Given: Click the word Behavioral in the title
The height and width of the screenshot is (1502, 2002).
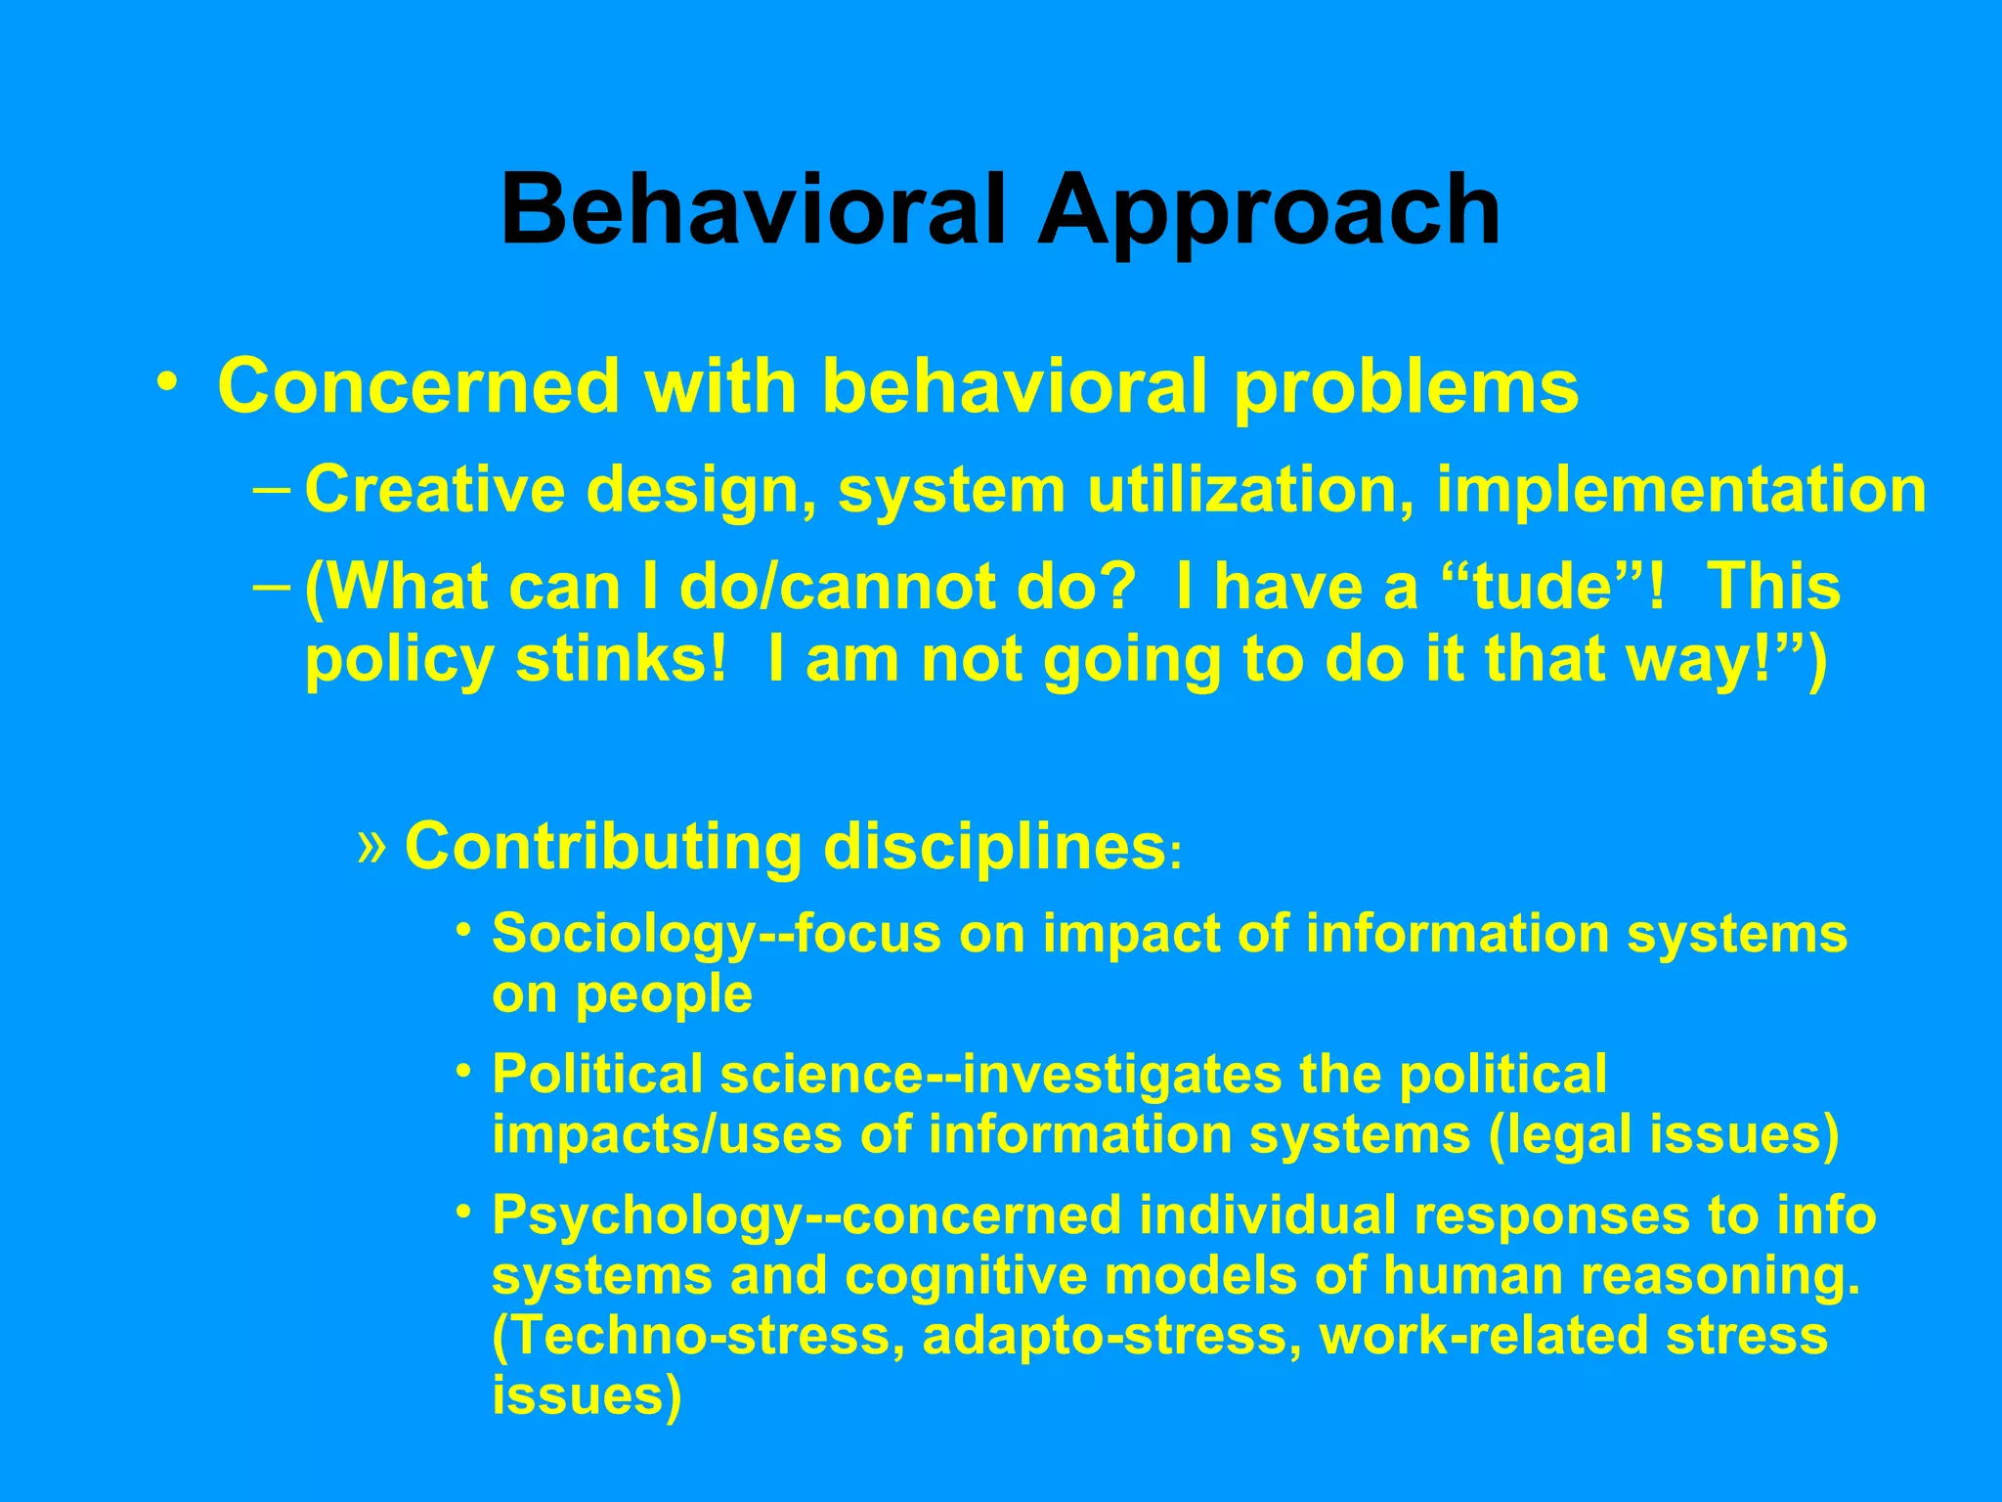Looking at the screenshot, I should click(x=753, y=210).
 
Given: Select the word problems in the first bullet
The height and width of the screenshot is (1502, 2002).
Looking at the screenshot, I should click(x=1406, y=388).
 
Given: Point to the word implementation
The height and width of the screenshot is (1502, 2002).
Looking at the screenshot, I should click(x=1680, y=490).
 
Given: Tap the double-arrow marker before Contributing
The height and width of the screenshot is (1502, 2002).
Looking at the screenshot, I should click(x=371, y=845).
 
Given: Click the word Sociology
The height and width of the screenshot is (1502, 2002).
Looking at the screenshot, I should click(x=624, y=934).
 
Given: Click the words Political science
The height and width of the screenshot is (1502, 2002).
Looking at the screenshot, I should click(x=707, y=1075).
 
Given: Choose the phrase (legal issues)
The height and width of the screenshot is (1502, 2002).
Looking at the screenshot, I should click(x=1663, y=1135).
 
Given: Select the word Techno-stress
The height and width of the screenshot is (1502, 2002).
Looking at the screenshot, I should click(x=700, y=1337).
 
